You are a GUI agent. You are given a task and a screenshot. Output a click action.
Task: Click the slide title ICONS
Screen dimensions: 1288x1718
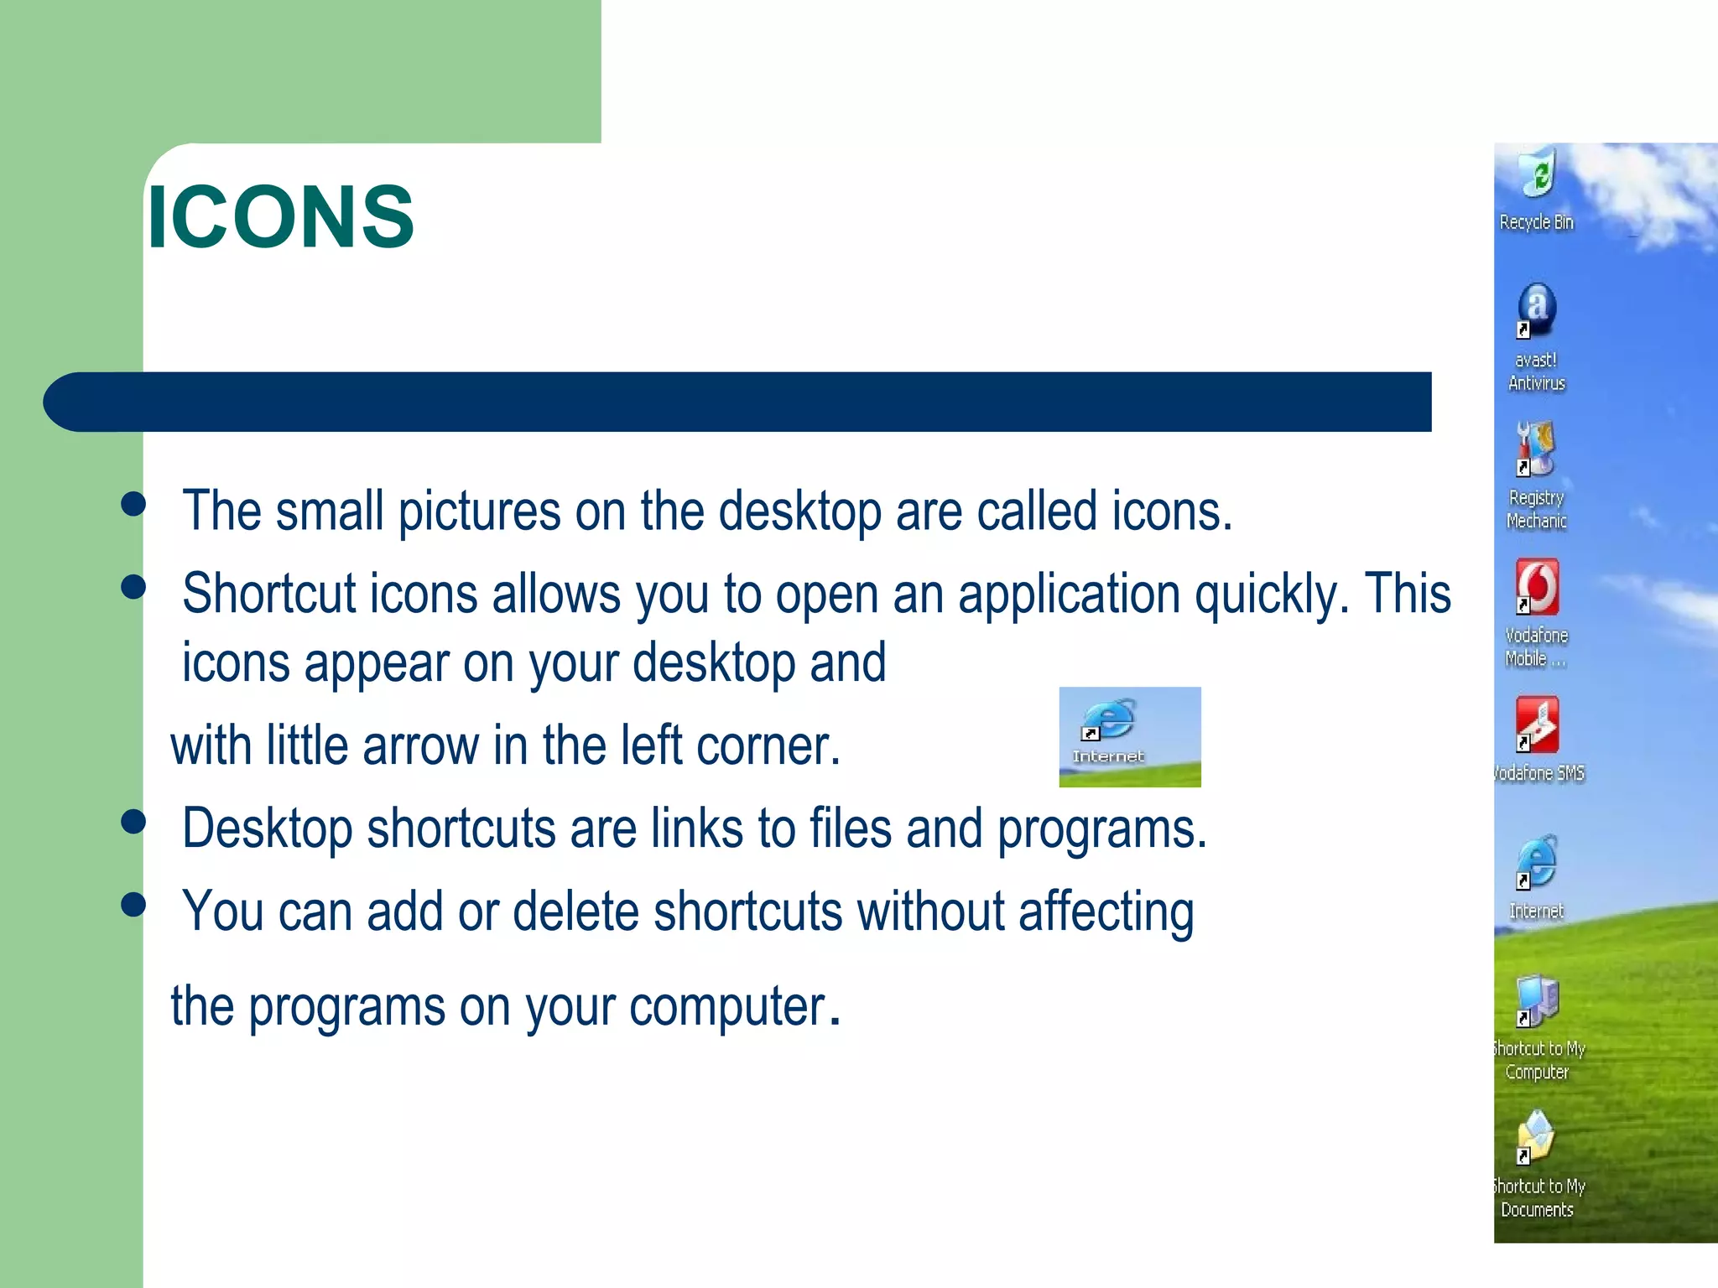[280, 217]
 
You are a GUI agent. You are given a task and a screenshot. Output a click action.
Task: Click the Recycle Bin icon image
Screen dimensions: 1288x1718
[1538, 174]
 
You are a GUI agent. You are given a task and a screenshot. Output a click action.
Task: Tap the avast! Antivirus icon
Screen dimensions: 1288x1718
[1537, 310]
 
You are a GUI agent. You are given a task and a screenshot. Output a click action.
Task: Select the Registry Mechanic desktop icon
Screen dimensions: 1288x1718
[1536, 449]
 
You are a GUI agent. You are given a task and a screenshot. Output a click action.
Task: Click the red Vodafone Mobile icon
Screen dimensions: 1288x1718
[1537, 586]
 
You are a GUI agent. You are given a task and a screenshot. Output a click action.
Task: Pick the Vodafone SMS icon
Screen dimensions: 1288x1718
[1537, 724]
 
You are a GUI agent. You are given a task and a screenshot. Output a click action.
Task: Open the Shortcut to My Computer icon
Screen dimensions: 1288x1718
[1537, 1000]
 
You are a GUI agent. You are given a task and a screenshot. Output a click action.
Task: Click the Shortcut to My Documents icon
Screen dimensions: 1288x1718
[1537, 1137]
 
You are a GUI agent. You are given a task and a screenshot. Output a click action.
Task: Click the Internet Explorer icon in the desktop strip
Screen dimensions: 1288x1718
[1537, 862]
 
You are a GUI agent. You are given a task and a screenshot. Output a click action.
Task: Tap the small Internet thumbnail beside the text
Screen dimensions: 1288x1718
[1129, 736]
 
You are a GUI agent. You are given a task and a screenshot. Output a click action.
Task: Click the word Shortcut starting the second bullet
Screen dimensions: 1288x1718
[269, 594]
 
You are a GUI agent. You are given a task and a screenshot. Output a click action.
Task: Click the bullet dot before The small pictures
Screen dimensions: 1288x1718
[133, 504]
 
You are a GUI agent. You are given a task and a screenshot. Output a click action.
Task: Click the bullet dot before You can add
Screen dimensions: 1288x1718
[133, 904]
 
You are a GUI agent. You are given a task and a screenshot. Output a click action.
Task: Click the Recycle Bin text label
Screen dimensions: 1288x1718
[1536, 222]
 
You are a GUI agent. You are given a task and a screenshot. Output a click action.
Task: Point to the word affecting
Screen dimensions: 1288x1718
[1106, 912]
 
